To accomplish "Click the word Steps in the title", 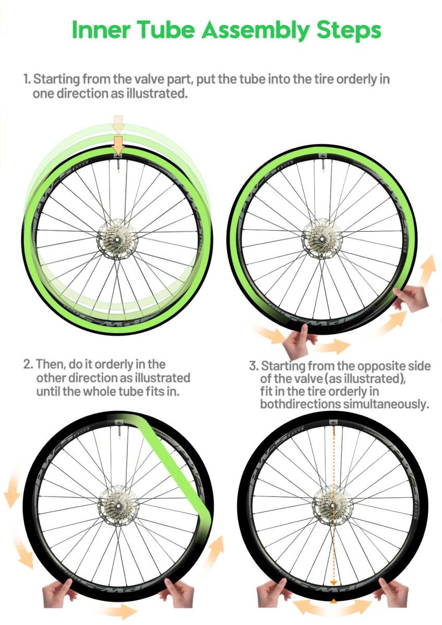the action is point(349,31).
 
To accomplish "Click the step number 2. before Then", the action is point(29,365).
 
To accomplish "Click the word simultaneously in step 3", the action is point(386,404).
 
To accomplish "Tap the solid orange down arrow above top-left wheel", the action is point(119,145).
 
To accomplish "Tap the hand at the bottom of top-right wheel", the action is point(298,342).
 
